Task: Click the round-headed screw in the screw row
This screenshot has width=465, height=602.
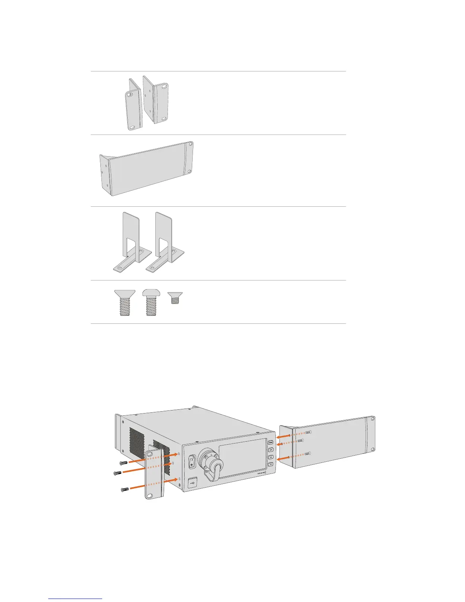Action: tap(151, 303)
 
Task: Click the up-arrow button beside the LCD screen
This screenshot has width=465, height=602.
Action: tap(270, 458)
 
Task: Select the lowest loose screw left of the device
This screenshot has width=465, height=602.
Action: tap(125, 489)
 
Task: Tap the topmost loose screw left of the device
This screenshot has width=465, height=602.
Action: tap(123, 463)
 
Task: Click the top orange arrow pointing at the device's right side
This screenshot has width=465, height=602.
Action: tap(283, 436)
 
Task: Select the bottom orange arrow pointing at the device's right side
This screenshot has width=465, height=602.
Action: tap(283, 459)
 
